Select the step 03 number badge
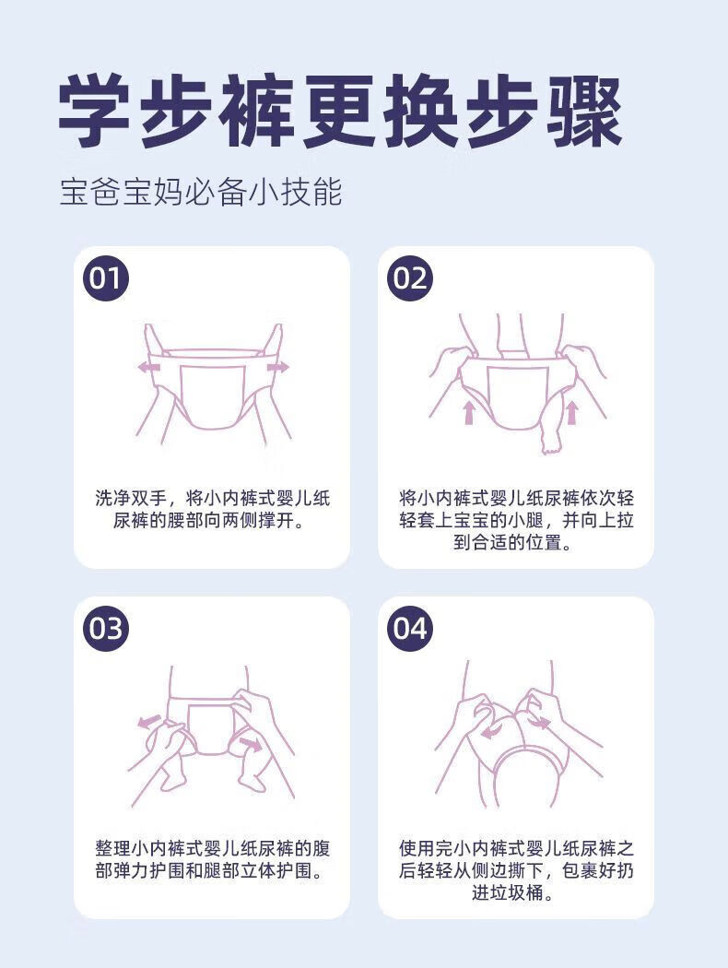[106, 629]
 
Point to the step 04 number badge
[410, 629]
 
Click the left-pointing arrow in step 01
[148, 368]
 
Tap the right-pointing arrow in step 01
[277, 368]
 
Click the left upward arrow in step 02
[469, 412]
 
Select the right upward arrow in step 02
[572, 412]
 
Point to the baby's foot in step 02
[550, 441]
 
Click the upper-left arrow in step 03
[149, 721]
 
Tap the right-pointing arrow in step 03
[251, 743]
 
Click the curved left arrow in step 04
[492, 731]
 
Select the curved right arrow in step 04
[538, 722]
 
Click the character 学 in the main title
[94, 112]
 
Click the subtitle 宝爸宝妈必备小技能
[201, 192]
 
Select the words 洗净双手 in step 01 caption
[131, 498]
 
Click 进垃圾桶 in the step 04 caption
[507, 892]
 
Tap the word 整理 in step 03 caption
[113, 848]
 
